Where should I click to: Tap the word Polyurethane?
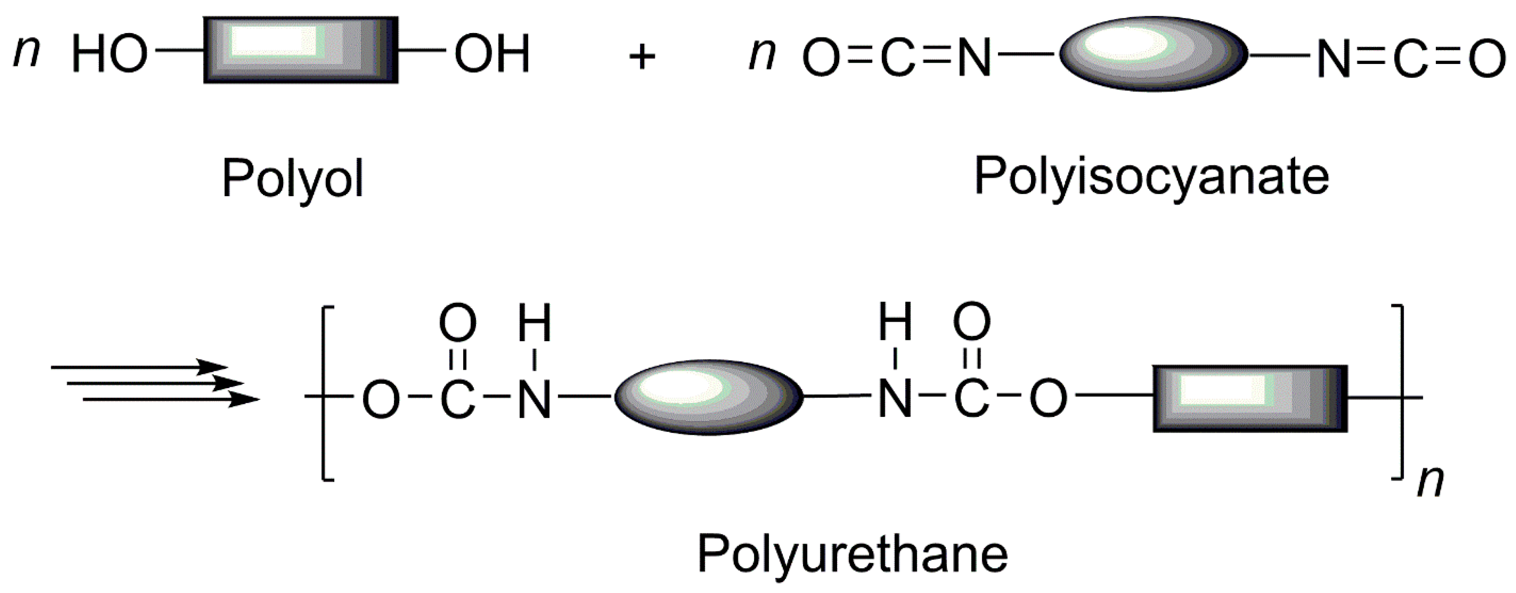click(852, 554)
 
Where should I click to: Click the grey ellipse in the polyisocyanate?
click(1153, 54)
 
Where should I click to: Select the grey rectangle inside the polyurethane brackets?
click(1250, 399)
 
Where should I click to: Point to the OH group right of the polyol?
click(492, 54)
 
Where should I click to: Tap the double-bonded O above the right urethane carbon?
click(972, 323)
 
